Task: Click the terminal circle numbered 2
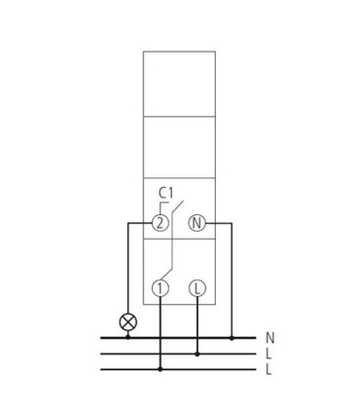tap(161, 223)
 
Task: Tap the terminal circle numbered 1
tap(161, 288)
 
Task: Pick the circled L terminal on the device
tap(198, 288)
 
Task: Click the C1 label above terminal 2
tap(165, 194)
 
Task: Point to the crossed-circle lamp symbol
tap(128, 322)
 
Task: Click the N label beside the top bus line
tap(270, 338)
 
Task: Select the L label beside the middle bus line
tap(269, 354)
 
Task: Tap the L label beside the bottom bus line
tap(269, 369)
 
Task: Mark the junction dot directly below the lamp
tap(128, 338)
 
